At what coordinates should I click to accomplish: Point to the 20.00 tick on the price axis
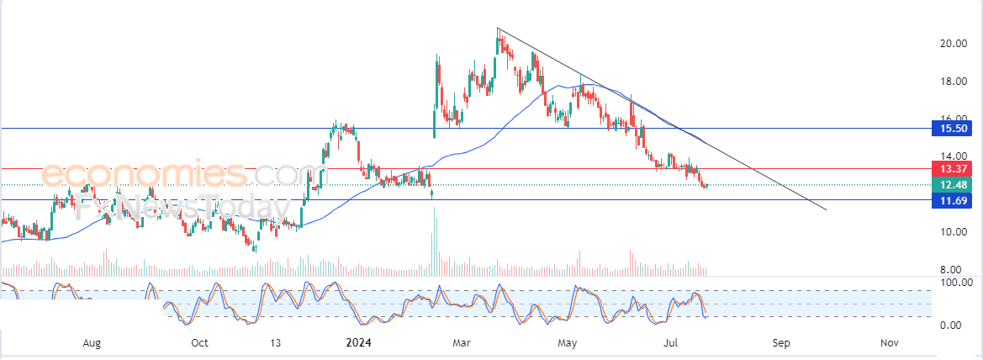click(952, 44)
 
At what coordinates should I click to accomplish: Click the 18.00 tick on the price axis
click(952, 82)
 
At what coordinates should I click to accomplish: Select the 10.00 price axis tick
click(952, 232)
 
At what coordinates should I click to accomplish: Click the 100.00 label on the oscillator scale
click(955, 283)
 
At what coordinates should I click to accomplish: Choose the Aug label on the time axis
click(92, 343)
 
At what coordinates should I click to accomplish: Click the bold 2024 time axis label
click(358, 343)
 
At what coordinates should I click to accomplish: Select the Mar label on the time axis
click(461, 343)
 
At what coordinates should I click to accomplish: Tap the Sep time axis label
click(781, 343)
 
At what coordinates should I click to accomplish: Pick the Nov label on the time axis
click(888, 343)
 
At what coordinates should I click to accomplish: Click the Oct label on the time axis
click(199, 343)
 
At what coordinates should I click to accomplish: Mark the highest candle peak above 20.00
click(498, 29)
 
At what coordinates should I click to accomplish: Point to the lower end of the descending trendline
click(827, 209)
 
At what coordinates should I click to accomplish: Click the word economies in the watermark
click(144, 174)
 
